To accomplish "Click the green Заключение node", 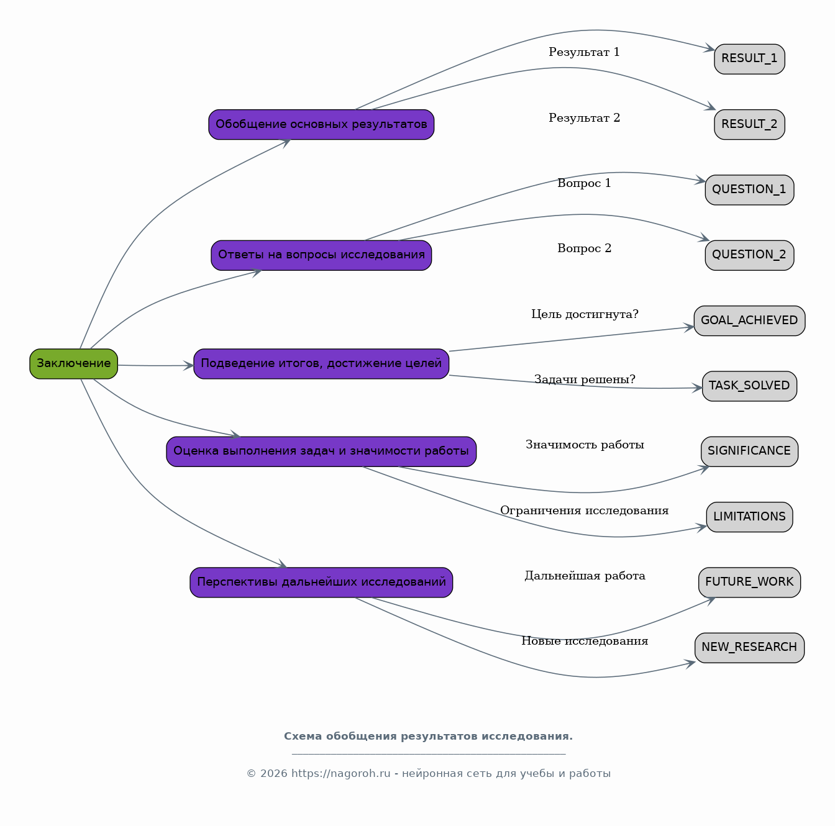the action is [74, 363].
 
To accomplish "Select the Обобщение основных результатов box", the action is [321, 124].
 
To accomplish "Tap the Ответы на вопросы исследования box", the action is [321, 255].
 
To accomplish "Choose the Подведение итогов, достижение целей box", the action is [321, 363].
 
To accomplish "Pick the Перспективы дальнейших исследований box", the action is [321, 583].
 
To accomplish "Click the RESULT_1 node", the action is [749, 59].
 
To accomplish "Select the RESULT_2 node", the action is [749, 124].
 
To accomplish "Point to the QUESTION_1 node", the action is [749, 190].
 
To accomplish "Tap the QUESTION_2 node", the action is [749, 255].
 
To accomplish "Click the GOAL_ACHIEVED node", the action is [749, 320].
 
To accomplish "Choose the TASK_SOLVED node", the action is [749, 386].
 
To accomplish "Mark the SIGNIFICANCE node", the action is [749, 452].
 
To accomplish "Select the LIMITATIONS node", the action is [749, 517].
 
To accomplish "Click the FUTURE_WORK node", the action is [749, 583].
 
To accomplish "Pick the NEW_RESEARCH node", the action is [749, 648].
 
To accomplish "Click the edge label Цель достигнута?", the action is [585, 314].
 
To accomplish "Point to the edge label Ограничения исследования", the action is [584, 511].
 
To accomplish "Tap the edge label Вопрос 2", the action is [584, 248].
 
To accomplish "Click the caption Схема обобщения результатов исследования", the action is [428, 737].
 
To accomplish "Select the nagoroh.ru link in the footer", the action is [340, 774].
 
